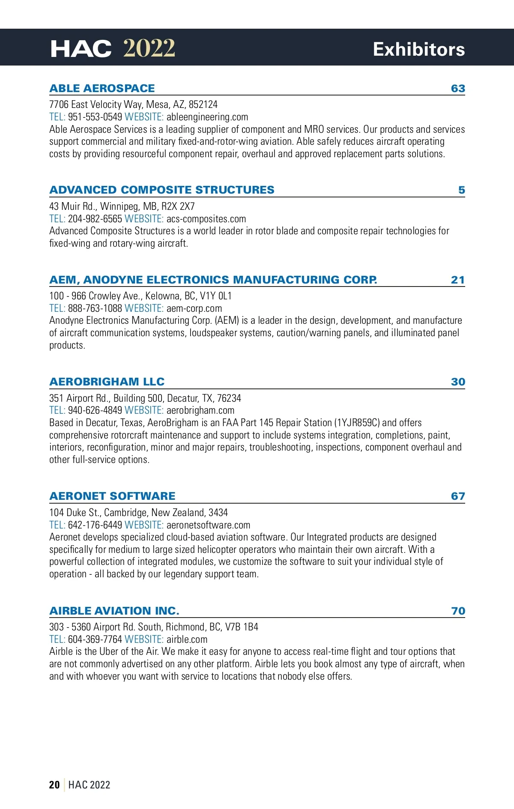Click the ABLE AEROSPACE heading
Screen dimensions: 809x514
(x=102, y=89)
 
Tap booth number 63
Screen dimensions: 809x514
(x=458, y=89)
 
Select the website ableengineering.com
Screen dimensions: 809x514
(x=207, y=117)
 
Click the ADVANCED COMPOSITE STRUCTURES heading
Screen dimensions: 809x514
(x=162, y=190)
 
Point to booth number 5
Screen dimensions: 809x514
(x=461, y=190)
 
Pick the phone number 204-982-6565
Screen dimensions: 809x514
(x=95, y=219)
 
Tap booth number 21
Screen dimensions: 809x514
(x=457, y=280)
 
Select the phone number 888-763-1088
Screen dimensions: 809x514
(x=95, y=308)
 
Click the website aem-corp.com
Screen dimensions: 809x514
(x=194, y=308)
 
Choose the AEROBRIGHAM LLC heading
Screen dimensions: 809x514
(x=107, y=382)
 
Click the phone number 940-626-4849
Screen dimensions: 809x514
(x=95, y=410)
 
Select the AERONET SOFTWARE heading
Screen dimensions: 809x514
(x=112, y=496)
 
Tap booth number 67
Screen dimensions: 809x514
(x=458, y=496)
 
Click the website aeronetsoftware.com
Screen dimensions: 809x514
(x=208, y=525)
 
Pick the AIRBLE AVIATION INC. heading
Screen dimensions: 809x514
(x=114, y=611)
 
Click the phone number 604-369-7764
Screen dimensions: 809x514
(x=95, y=639)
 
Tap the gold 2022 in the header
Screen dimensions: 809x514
(x=149, y=48)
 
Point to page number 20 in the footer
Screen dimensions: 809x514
(x=54, y=785)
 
